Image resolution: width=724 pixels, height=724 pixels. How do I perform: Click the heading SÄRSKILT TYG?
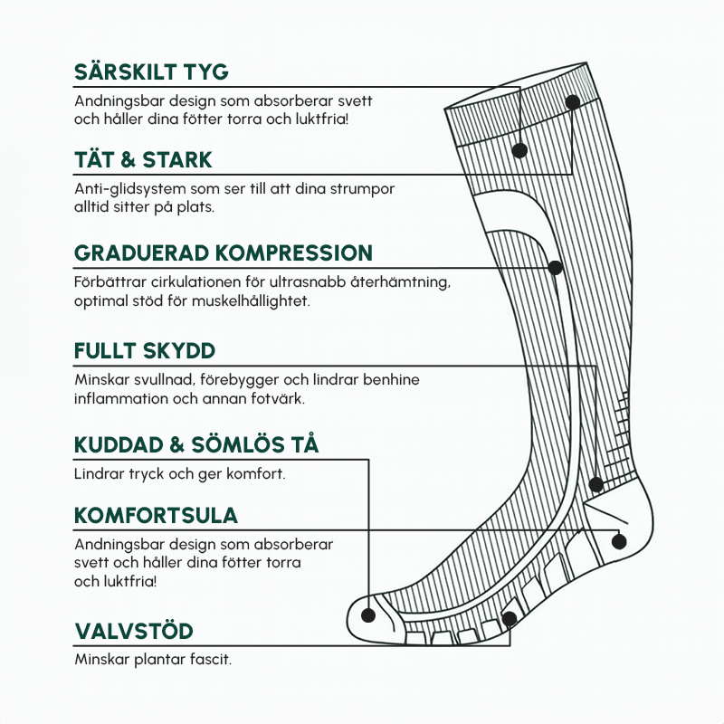tap(151, 72)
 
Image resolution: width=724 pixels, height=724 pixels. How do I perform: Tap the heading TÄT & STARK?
tap(143, 160)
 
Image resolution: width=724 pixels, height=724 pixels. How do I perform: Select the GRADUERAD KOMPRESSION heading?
tap(223, 252)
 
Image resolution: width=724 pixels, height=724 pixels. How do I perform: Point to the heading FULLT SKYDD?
tap(145, 351)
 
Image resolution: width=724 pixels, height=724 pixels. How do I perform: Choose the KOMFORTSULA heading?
tap(156, 516)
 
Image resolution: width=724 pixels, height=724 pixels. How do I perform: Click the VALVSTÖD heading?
tap(134, 631)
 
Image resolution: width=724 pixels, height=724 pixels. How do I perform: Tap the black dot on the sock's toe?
tap(368, 614)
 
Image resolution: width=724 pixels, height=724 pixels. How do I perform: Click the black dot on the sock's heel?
tap(619, 541)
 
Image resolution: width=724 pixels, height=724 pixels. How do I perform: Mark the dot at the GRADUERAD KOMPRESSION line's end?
tap(556, 268)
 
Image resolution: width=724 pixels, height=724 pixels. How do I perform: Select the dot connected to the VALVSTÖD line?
tap(509, 619)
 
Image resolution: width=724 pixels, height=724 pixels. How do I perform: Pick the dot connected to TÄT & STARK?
tap(572, 102)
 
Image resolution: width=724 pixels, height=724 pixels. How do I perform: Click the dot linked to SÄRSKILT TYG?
tap(519, 151)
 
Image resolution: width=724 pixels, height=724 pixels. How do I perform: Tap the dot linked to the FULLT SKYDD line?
tap(595, 484)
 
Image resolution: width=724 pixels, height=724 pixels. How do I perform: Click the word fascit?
tap(210, 659)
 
